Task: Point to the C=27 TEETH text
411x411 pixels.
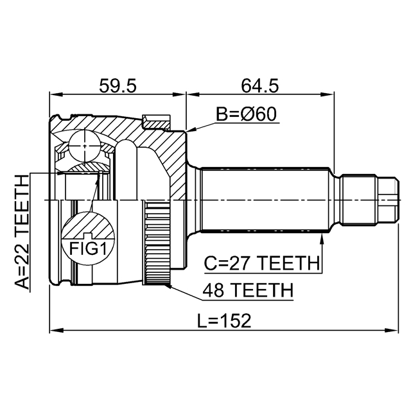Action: click(261, 263)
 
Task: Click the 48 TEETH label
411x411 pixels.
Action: click(247, 290)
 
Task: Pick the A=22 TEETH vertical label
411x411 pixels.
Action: click(22, 231)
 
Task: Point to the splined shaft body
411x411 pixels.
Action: click(267, 200)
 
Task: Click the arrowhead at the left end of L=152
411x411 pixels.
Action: click(54, 331)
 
